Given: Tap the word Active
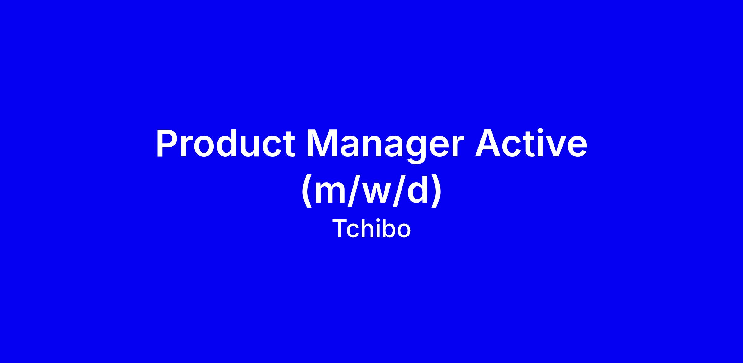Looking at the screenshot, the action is tap(531, 143).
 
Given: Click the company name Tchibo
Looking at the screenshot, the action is tap(371, 229).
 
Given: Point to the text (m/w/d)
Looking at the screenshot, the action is tap(371, 191).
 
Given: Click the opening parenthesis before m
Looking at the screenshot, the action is tap(306, 191).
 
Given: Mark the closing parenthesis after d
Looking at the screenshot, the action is tap(437, 191).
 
